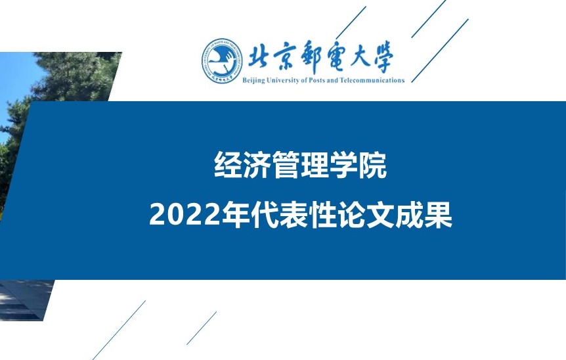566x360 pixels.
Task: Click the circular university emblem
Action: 222,61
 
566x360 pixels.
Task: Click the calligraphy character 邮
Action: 313,56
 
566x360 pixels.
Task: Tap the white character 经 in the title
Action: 228,165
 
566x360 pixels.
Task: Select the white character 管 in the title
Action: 286,165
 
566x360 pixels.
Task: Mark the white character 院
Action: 372,165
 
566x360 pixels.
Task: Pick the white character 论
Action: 352,215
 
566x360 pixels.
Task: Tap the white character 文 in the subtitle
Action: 381,215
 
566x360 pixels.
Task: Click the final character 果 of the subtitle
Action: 439,215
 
